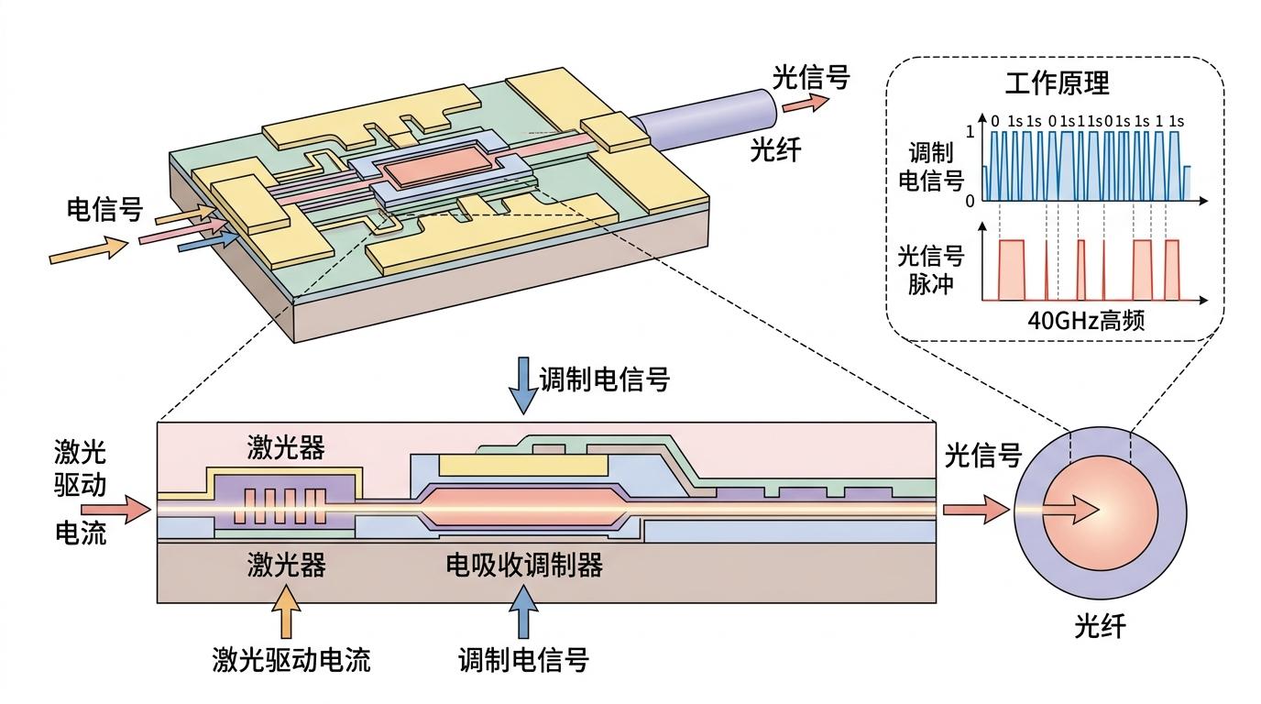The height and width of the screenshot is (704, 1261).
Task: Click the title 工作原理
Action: (x=1057, y=83)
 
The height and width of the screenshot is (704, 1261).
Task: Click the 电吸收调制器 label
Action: (x=524, y=566)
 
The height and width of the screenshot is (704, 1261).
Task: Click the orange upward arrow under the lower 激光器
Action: (x=287, y=612)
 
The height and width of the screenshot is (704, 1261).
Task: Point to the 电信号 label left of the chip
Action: (x=104, y=210)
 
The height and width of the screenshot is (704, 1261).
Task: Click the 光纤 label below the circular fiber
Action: (x=1099, y=628)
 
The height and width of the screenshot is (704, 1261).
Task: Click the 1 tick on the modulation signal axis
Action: (x=971, y=131)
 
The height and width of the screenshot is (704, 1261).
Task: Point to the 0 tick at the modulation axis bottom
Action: (x=971, y=200)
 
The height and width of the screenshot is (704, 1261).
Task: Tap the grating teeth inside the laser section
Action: (x=284, y=505)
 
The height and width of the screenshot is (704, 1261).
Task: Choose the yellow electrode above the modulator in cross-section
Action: (x=523, y=465)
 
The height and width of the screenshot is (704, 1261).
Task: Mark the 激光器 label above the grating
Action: (x=286, y=450)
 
